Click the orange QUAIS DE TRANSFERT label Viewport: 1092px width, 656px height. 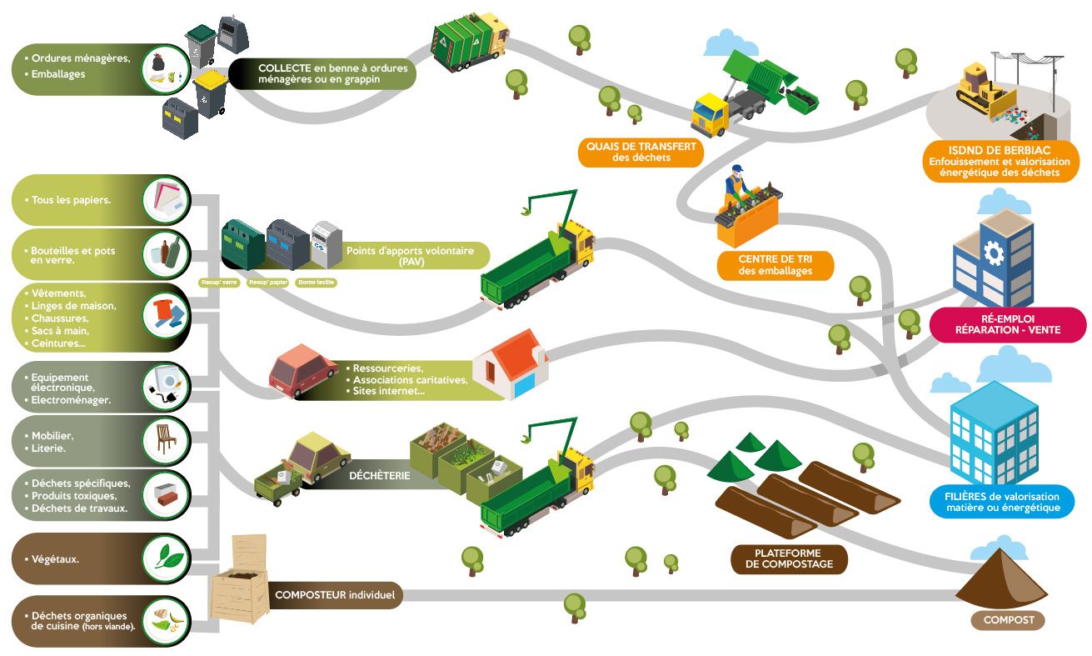click(640, 152)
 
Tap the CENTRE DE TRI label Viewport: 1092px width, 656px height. click(775, 264)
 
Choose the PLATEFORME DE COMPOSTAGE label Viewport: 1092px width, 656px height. click(787, 558)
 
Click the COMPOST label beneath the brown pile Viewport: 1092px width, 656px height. click(1008, 620)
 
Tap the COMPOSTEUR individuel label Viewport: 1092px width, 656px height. click(337, 596)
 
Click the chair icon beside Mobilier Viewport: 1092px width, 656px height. click(167, 438)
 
